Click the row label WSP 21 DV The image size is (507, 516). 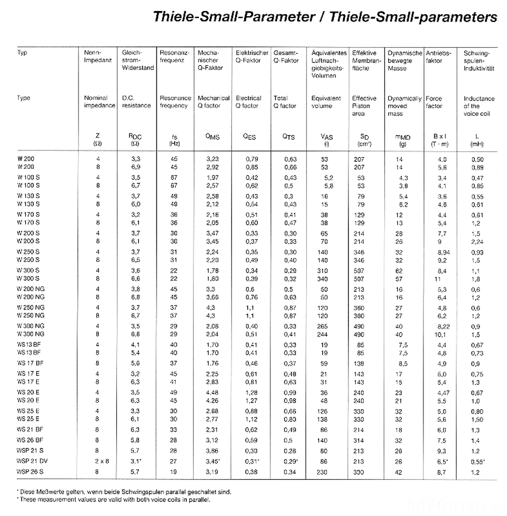pyautogui.click(x=32, y=462)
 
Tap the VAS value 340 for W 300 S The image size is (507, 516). pyautogui.click(x=324, y=279)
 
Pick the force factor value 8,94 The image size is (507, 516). pyautogui.click(x=444, y=252)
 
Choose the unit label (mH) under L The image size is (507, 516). pyautogui.click(x=476, y=144)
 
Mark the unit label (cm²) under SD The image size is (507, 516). pyautogui.click(x=365, y=144)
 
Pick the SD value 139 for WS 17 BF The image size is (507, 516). pyautogui.click(x=358, y=364)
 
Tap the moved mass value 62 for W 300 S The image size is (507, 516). pyautogui.click(x=399, y=271)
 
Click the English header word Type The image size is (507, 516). pyautogui.click(x=24, y=98)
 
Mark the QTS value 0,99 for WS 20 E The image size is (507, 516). pyautogui.click(x=291, y=393)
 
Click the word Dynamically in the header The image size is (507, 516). pyautogui.click(x=404, y=98)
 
